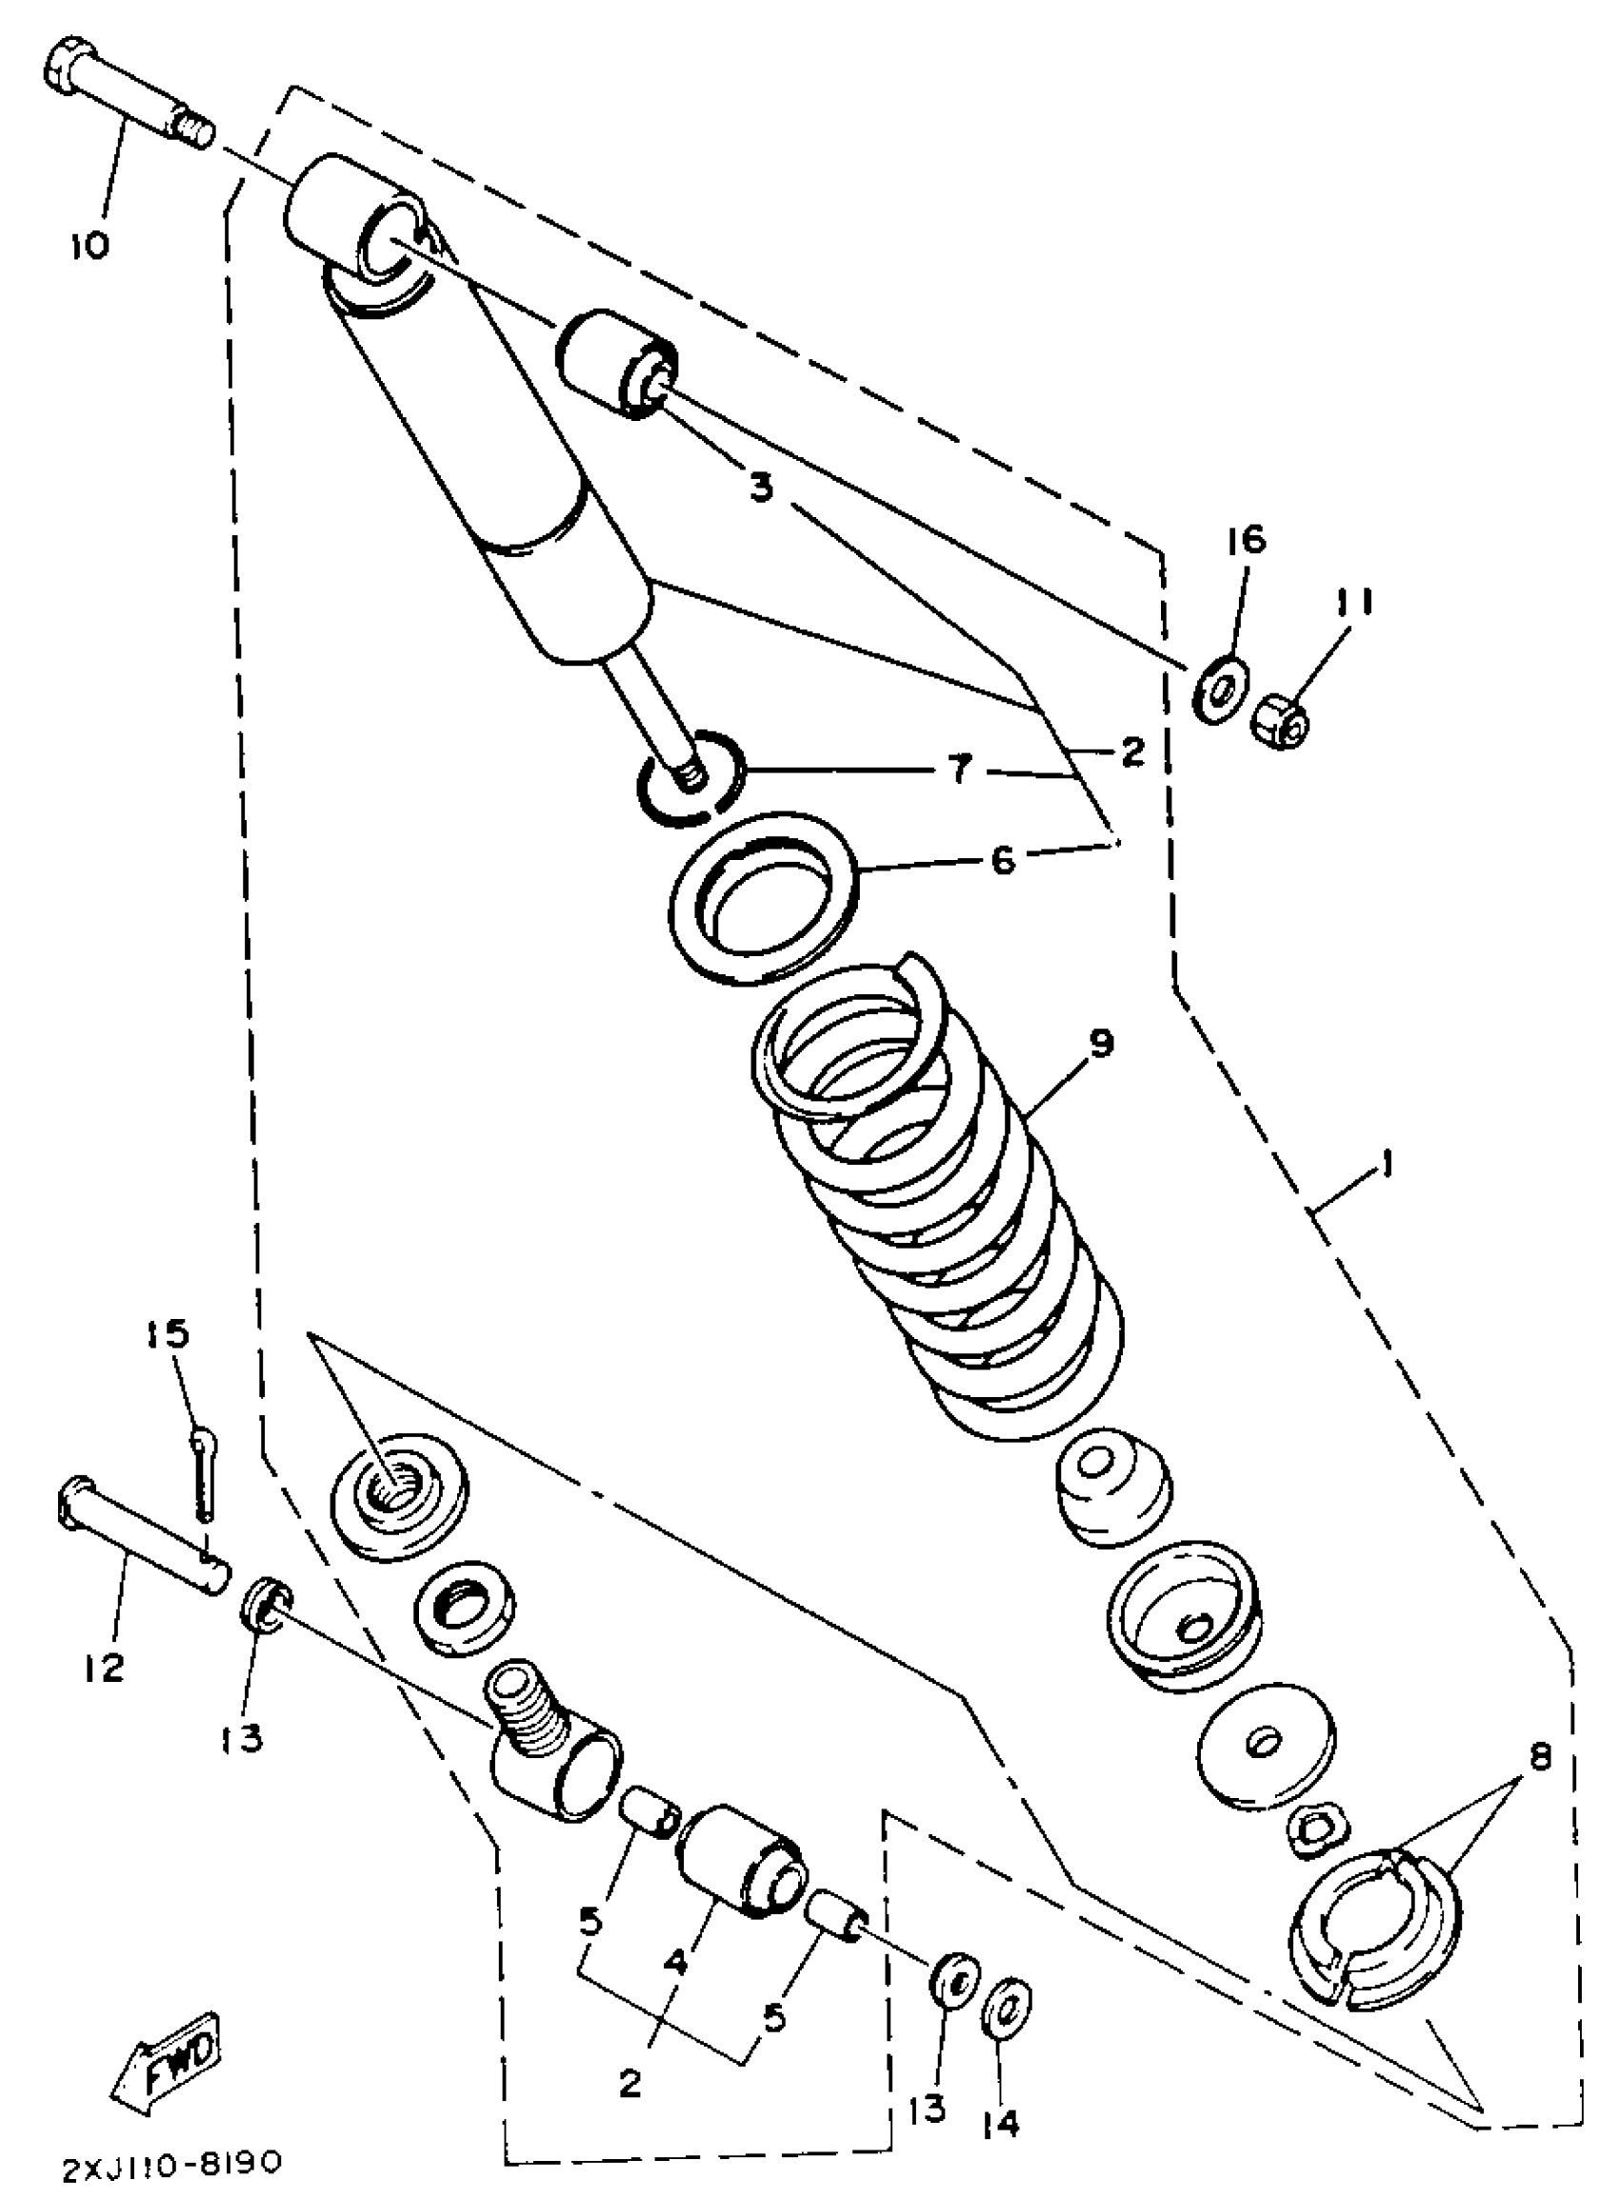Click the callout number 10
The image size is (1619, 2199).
(x=90, y=245)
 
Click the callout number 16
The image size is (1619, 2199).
(x=1245, y=540)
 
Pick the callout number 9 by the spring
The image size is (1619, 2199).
(x=1101, y=1044)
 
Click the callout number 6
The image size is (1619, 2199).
(x=1003, y=861)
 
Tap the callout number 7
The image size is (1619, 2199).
(x=959, y=770)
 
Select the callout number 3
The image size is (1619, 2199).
(x=762, y=487)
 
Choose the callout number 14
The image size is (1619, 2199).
(x=1002, y=2123)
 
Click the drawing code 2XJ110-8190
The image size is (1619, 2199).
(x=172, y=2163)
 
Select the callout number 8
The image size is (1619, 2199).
(x=1540, y=1757)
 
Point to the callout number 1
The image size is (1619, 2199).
(x=1386, y=1165)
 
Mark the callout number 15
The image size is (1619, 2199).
(x=169, y=1334)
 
